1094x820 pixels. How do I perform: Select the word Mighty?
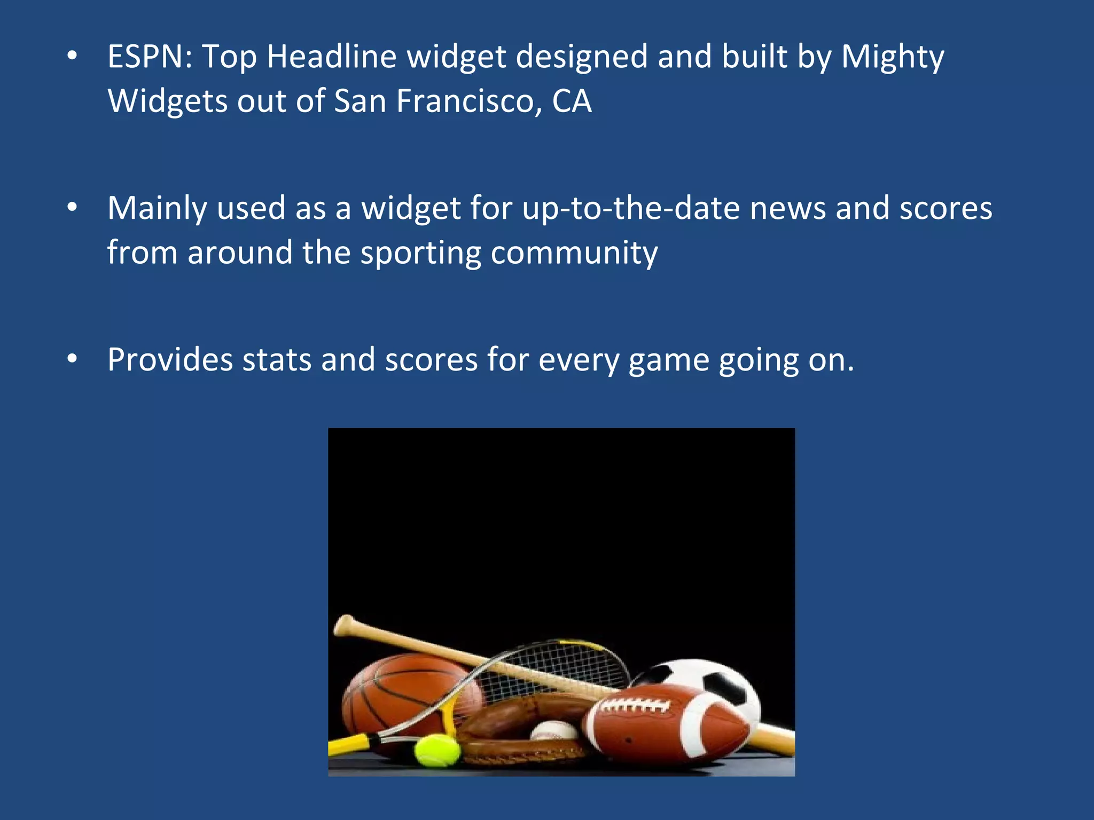click(x=893, y=58)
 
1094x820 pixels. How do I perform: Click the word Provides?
click(x=170, y=360)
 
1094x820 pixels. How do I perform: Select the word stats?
click(x=277, y=360)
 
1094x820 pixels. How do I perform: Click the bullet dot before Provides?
click(x=73, y=359)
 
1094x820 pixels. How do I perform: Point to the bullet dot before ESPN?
click(x=73, y=56)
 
